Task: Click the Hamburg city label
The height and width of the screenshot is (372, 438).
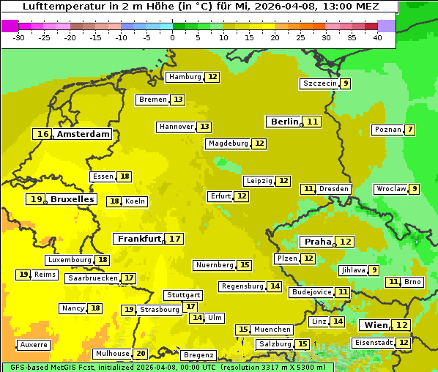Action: [184, 77]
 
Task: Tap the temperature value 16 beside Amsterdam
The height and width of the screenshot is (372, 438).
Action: [43, 134]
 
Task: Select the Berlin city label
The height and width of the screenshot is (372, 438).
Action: [285, 122]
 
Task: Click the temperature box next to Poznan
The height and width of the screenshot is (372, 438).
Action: [410, 130]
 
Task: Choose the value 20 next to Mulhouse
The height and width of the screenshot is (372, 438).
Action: [141, 354]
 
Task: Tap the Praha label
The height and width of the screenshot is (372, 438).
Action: [318, 242]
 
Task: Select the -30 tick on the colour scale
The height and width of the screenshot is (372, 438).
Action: [19, 37]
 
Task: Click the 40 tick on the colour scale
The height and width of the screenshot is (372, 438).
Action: [377, 37]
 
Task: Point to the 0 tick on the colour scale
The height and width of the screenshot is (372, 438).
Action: [172, 37]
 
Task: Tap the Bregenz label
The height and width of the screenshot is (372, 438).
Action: [198, 355]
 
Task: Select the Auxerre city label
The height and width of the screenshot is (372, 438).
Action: [34, 344]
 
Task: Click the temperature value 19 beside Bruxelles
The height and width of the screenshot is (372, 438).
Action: [36, 199]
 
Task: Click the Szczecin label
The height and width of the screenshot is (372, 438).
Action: [319, 83]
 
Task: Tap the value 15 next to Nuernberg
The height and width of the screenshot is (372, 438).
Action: [245, 265]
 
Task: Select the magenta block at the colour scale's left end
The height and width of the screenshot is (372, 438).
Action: [10, 26]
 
